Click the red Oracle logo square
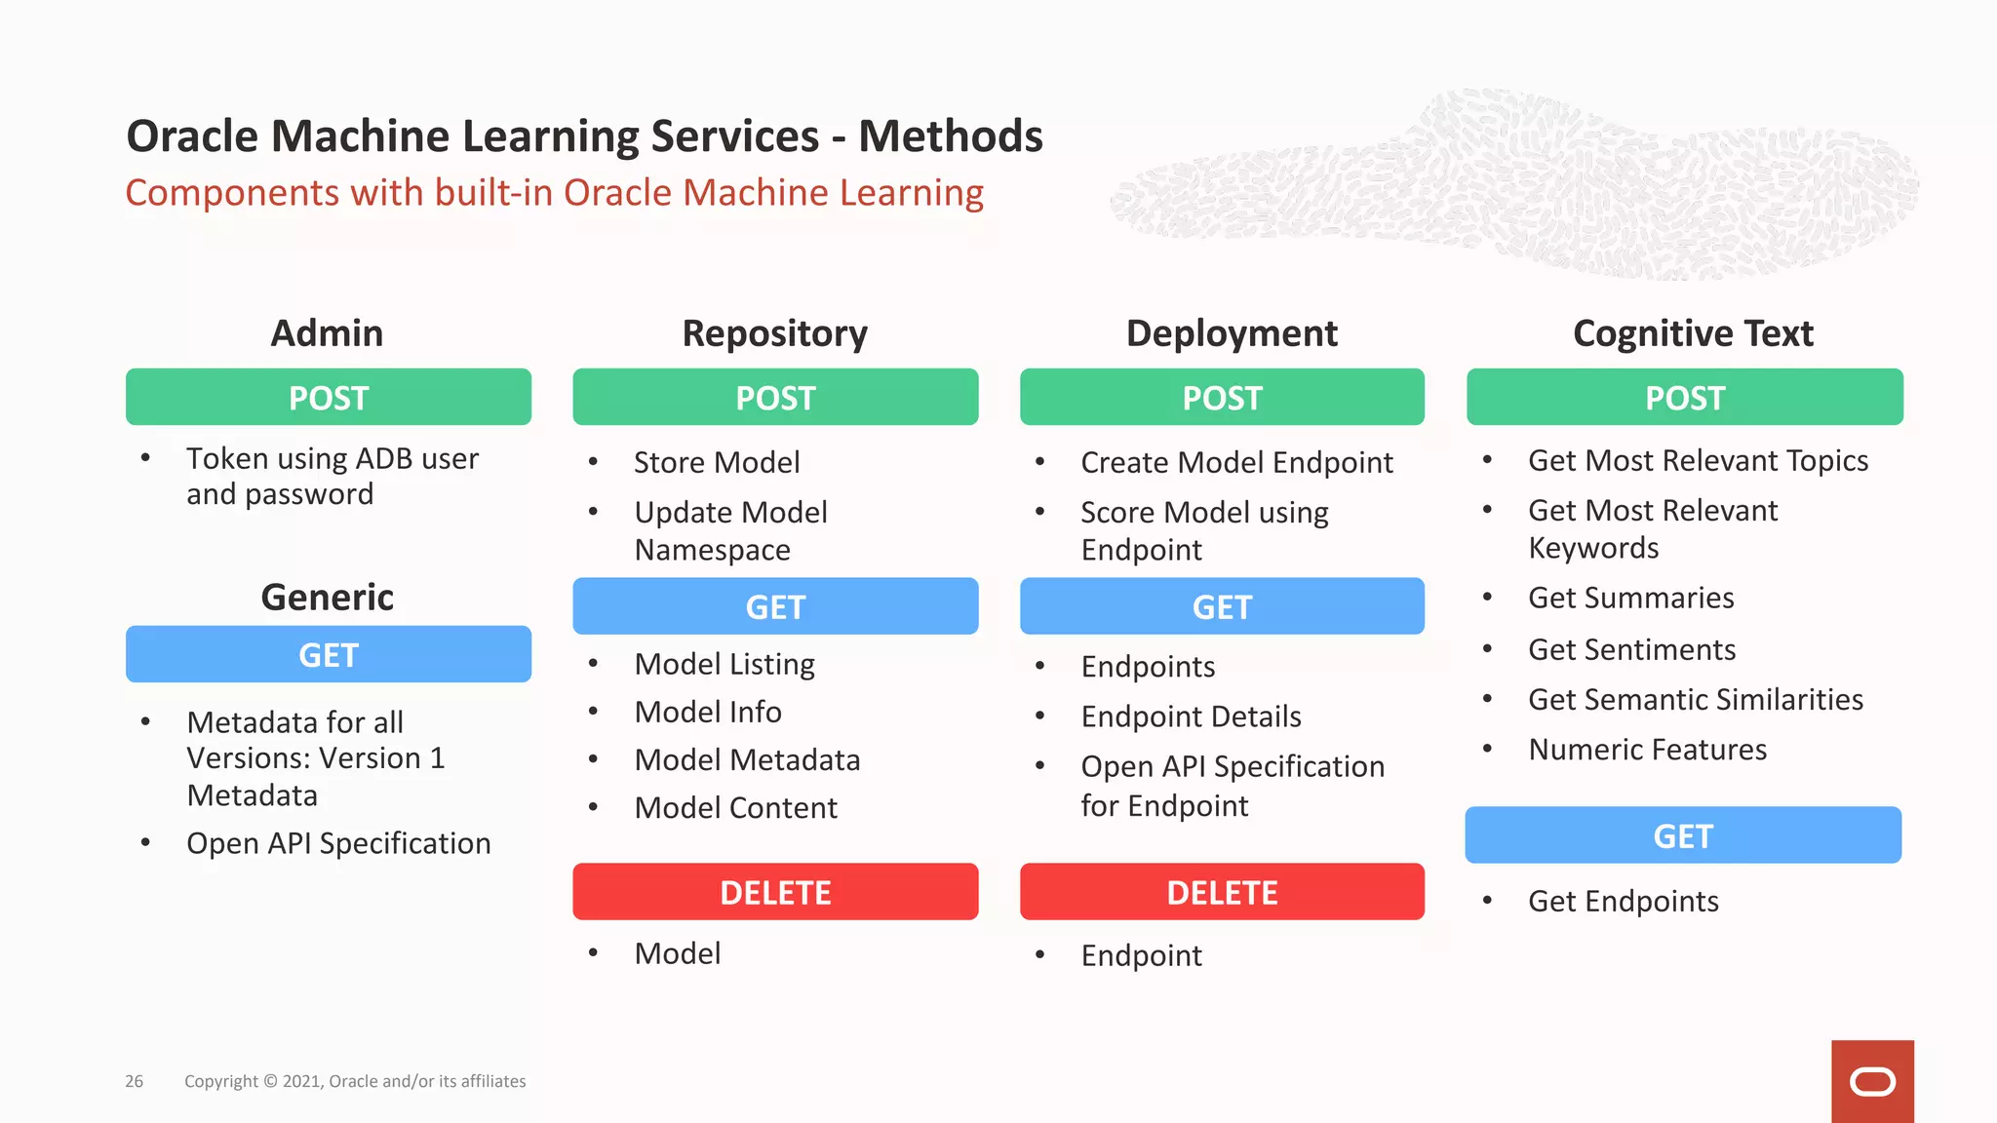[1871, 1081]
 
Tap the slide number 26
[135, 1081]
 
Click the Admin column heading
[327, 333]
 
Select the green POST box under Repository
[775, 397]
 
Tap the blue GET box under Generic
[329, 654]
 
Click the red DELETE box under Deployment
[1222, 892]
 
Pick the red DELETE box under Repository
[775, 892]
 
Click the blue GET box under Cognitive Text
[1683, 835]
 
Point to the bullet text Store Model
[717, 462]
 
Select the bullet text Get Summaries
[1630, 598]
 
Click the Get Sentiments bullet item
[1631, 649]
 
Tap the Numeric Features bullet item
[1647, 750]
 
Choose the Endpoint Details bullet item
[1191, 716]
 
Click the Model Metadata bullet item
[747, 760]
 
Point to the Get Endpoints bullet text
[1623, 902]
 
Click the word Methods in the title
[950, 136]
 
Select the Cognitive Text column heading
[1693, 333]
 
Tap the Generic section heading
[327, 597]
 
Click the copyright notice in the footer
[355, 1081]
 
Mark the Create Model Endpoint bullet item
[1236, 462]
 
